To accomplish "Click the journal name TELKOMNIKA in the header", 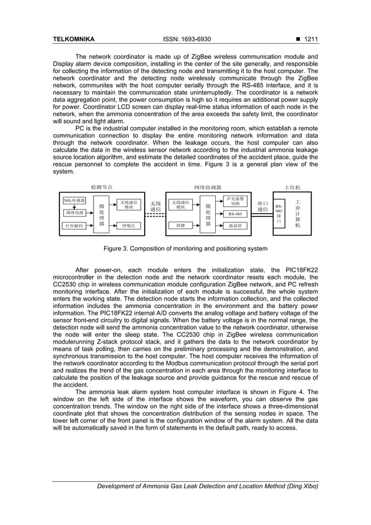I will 73,40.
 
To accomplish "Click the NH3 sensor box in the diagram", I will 74,200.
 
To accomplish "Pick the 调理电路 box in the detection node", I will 74,212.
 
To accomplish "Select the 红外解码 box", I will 74,225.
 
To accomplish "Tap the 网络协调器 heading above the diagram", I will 208,187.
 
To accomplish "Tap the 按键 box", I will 181,225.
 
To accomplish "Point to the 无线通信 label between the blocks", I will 156,205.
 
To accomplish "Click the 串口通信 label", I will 262,206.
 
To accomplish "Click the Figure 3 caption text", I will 185,249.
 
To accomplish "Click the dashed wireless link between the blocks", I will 155,216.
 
